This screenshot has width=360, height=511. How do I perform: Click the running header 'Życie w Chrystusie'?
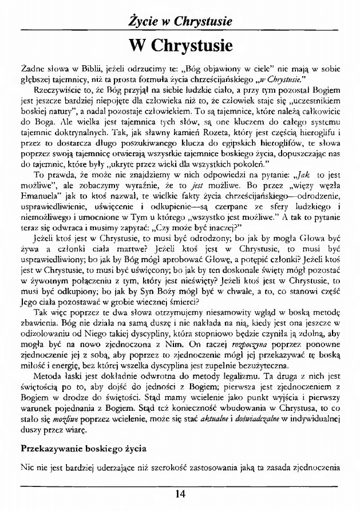click(x=180, y=22)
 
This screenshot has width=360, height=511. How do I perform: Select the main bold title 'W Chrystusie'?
click(x=180, y=44)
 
